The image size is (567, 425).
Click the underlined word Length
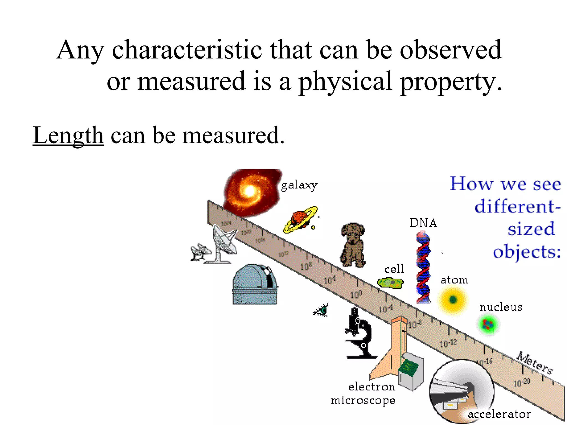68,135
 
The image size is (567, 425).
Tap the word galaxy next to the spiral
299,185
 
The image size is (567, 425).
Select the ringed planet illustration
300,220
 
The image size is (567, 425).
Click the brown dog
352,245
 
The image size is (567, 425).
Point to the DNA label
423,223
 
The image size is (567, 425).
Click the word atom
454,280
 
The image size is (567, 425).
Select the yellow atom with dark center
453,300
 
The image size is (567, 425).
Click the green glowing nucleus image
488,324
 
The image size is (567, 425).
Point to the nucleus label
501,307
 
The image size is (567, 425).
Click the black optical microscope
359,335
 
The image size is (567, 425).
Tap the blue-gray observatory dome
255,285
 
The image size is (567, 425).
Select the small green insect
322,310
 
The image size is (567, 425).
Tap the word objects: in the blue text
527,252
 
